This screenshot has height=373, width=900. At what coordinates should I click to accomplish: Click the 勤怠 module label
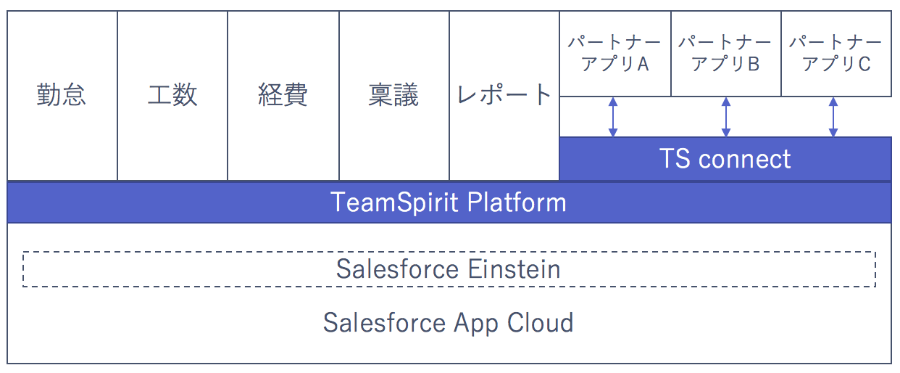(61, 95)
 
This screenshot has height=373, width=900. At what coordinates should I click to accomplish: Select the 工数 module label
(172, 95)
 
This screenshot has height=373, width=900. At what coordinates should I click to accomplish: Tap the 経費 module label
(283, 95)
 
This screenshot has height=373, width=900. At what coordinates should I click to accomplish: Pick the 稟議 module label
(393, 95)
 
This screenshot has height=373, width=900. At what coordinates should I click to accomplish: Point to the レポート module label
(504, 95)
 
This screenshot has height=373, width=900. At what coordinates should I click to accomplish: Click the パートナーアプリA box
(615, 54)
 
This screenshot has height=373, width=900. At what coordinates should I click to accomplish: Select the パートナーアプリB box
(726, 54)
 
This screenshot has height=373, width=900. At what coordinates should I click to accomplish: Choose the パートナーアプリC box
(836, 54)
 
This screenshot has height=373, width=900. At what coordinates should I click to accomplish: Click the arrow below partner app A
(613, 117)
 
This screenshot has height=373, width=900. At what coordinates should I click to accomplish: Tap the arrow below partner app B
(726, 117)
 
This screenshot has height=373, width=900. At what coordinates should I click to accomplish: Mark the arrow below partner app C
(833, 117)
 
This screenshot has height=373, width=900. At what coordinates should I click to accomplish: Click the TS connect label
(725, 158)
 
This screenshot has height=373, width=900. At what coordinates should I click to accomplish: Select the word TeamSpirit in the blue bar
(393, 202)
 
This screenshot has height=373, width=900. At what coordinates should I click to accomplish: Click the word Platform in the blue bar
(517, 202)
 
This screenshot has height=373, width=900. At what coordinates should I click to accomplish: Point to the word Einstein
(514, 269)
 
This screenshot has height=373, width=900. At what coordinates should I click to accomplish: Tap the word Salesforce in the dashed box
(397, 269)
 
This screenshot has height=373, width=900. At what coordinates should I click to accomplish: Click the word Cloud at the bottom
(540, 322)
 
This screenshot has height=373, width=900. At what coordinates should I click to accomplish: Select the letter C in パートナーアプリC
(864, 64)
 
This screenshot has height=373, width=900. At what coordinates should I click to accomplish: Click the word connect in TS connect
(744, 160)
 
